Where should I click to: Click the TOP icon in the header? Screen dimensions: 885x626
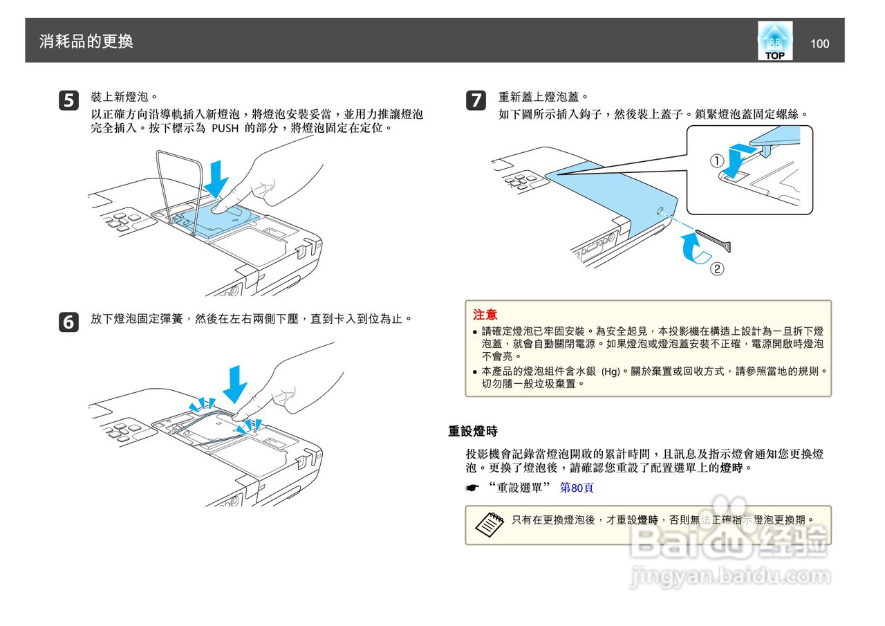[774, 42]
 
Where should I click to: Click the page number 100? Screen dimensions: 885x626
[819, 44]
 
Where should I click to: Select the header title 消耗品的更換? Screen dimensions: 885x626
[86, 42]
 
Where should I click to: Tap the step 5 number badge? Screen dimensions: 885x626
[68, 100]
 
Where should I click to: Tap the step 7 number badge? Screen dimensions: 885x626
[476, 100]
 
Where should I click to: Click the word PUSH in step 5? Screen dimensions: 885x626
[225, 129]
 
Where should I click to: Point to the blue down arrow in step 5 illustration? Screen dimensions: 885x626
[218, 178]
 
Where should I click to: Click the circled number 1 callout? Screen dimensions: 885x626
[718, 161]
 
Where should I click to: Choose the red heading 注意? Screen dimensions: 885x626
[485, 315]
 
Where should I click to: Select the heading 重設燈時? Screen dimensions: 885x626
[473, 431]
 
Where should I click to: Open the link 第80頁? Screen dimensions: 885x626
[577, 488]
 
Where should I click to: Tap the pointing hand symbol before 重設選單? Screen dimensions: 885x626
[473, 488]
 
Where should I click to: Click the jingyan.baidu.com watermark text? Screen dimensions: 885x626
[730, 576]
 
